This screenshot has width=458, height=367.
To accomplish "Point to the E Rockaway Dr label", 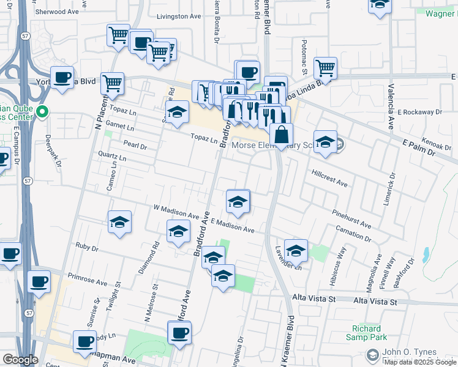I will coord(419,113).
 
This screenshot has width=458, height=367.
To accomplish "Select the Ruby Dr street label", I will coord(86,247).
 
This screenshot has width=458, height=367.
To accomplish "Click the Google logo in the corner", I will coord(20,360).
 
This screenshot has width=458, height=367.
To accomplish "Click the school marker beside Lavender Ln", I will coord(296,250).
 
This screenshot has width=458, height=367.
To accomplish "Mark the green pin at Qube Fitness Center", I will coord(42,112).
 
